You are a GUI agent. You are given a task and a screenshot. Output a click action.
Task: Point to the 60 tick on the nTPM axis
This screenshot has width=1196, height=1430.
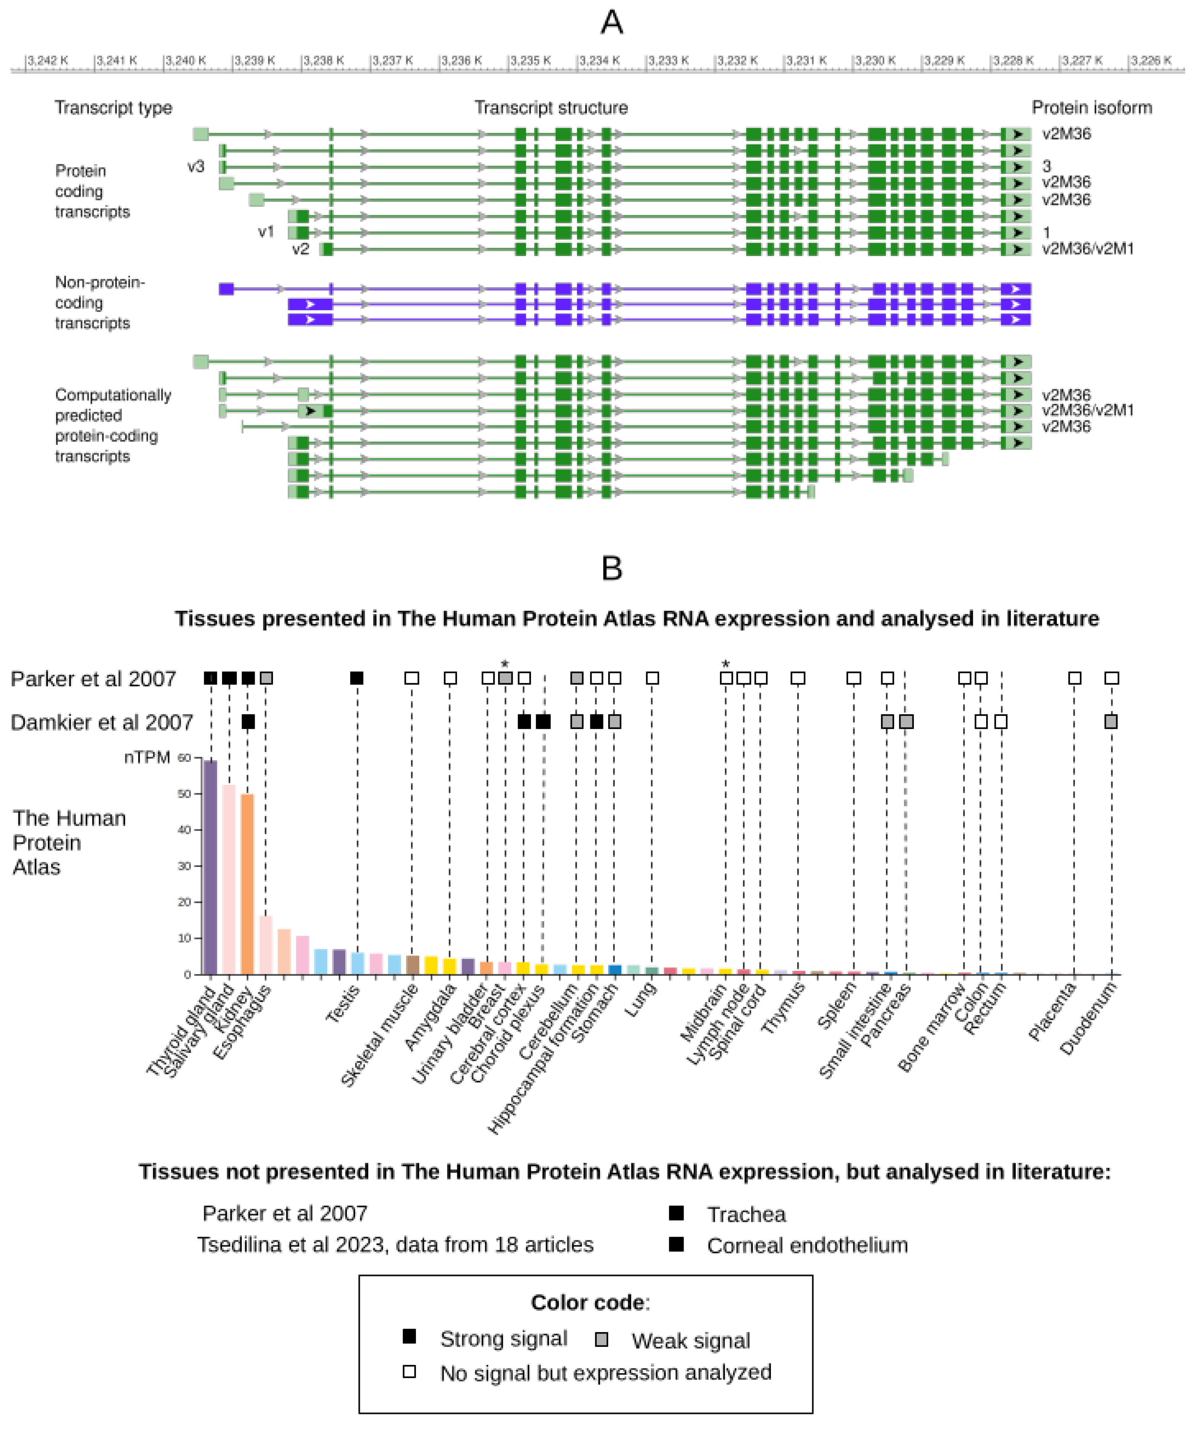(x=184, y=758)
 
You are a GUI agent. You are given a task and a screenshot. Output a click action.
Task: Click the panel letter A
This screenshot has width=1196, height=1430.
(x=612, y=23)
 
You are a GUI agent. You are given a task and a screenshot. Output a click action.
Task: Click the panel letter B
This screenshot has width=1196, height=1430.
(x=612, y=568)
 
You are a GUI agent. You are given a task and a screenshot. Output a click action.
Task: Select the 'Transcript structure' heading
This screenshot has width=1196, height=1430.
(x=551, y=108)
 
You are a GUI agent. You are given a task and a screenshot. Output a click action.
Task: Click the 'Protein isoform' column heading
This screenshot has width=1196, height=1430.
(x=1091, y=108)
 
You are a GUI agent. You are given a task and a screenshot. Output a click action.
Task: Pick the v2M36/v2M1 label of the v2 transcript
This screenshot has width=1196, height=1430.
(x=1088, y=249)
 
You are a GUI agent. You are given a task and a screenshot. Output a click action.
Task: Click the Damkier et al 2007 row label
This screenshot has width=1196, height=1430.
(x=102, y=722)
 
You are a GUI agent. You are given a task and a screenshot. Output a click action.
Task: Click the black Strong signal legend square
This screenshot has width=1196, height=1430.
(x=409, y=1336)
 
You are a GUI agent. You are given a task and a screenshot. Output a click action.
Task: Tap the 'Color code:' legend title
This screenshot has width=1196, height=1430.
(x=590, y=1302)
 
